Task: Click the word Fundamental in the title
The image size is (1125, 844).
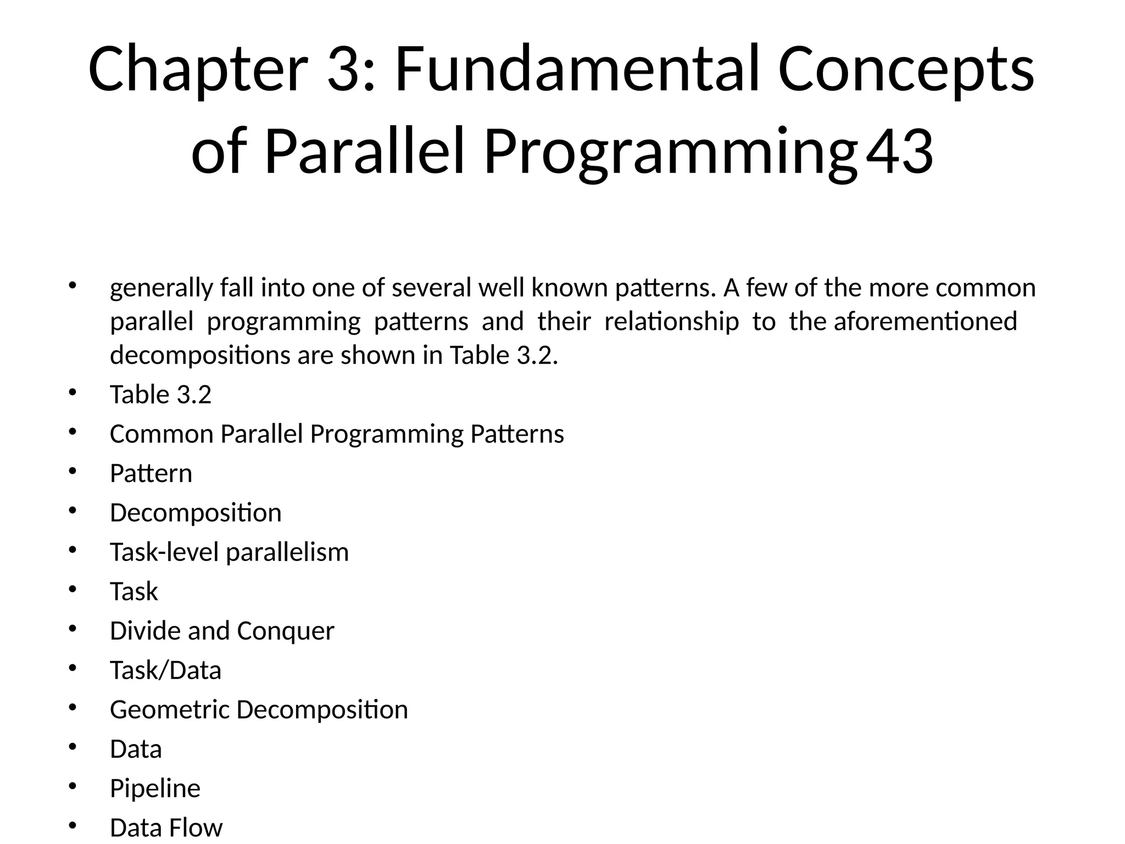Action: [x=577, y=70]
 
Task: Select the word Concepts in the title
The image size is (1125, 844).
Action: [x=906, y=70]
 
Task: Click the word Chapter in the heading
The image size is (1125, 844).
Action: [x=197, y=70]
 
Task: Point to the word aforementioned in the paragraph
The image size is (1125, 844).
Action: [x=925, y=321]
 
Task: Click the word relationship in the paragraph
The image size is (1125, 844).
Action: [x=671, y=321]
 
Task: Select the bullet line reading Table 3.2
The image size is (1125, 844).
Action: [x=160, y=395]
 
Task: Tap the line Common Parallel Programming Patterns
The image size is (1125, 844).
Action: [x=337, y=434]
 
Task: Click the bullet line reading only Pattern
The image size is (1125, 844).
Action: [x=151, y=474]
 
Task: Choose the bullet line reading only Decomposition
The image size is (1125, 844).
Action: [x=196, y=513]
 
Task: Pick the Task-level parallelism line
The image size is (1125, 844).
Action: [x=229, y=552]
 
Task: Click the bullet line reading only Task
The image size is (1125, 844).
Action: [x=134, y=592]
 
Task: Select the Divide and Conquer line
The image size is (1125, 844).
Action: [x=222, y=631]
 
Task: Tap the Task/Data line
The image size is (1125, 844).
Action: [x=165, y=670]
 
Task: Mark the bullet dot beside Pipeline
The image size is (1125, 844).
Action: [x=73, y=786]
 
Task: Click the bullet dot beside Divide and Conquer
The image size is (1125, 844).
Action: [x=73, y=629]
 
